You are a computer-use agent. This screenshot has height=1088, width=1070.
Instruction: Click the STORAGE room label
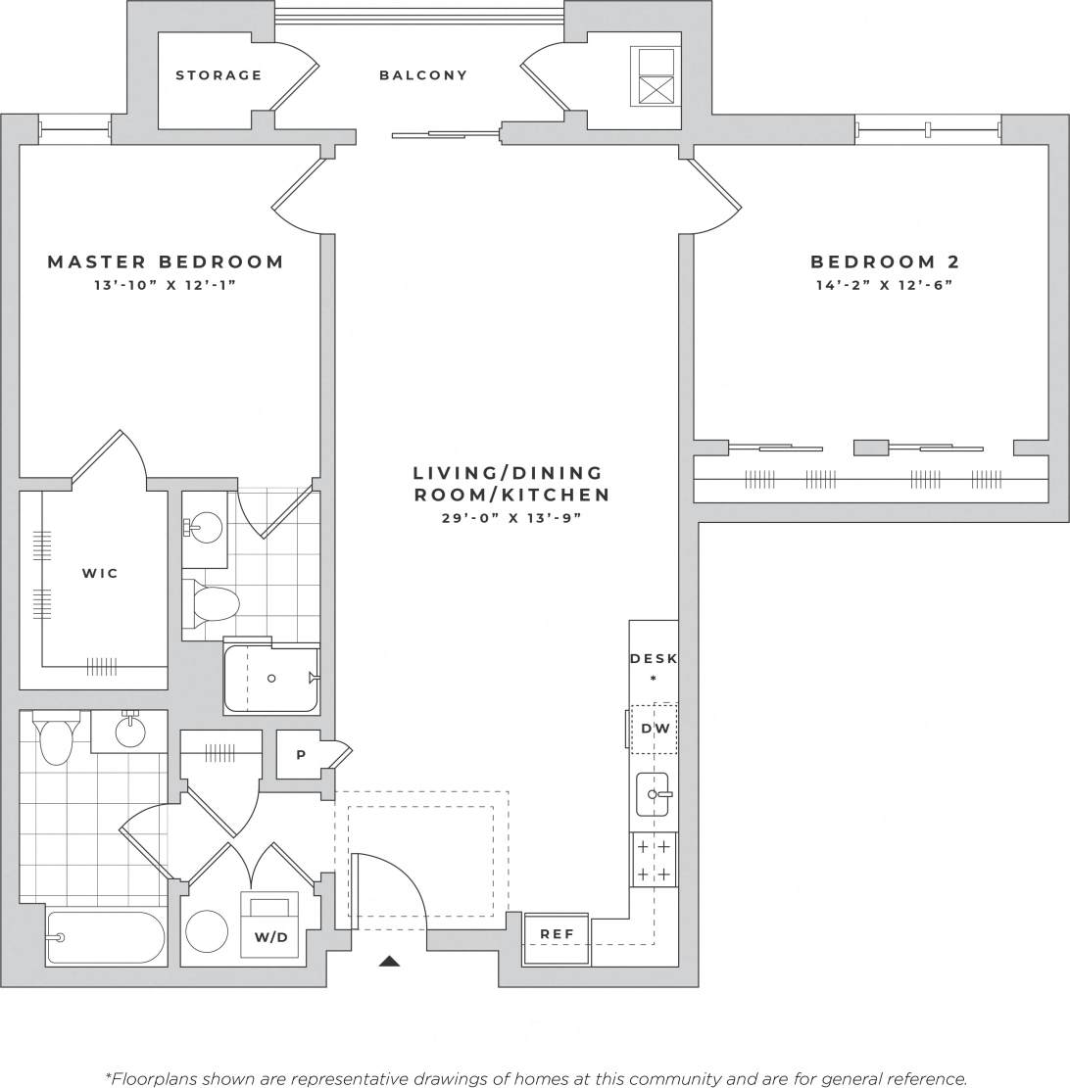(x=219, y=75)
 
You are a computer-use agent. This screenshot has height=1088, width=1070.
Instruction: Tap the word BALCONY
(x=423, y=75)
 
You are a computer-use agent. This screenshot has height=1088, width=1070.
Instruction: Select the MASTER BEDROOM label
(x=167, y=261)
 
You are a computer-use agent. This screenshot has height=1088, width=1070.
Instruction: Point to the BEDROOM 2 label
(x=885, y=261)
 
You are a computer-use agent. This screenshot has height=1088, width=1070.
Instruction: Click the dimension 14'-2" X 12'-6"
(x=885, y=285)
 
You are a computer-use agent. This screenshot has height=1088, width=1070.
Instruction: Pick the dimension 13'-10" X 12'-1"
(x=167, y=285)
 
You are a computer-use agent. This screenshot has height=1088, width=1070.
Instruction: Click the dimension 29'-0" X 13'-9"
(x=511, y=518)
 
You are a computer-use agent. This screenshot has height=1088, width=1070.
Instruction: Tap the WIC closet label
(x=100, y=573)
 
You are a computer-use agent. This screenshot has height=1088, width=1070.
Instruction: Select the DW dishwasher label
(x=655, y=729)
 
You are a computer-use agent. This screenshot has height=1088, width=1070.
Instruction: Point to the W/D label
(x=270, y=937)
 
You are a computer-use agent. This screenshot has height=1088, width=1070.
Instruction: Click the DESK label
(x=654, y=659)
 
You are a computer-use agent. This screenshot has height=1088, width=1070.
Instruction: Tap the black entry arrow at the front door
(x=389, y=962)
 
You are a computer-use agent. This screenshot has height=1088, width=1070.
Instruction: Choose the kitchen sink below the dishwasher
(x=653, y=794)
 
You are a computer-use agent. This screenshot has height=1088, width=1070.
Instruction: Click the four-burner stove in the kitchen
(x=654, y=860)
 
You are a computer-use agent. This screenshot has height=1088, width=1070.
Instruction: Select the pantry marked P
(x=300, y=755)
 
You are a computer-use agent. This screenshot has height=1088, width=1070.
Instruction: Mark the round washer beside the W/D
(x=208, y=931)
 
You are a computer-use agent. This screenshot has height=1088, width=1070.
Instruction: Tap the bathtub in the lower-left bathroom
(x=106, y=938)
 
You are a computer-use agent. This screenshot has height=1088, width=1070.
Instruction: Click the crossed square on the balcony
(x=657, y=90)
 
